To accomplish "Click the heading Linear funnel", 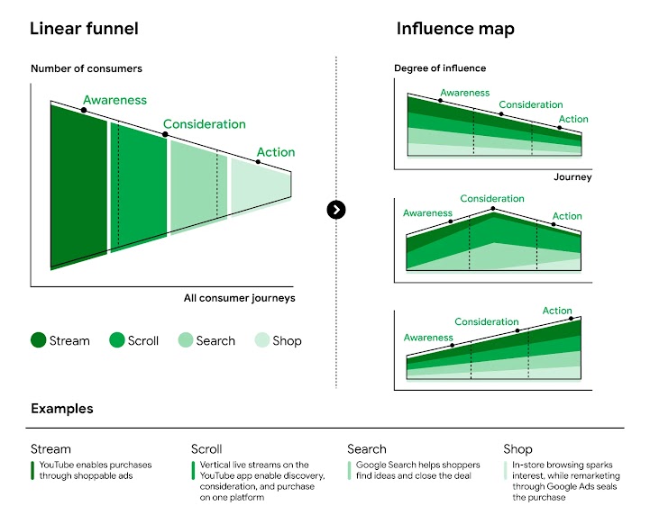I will point(84,29).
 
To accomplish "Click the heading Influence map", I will point(455,29).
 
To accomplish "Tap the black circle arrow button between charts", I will point(336,210).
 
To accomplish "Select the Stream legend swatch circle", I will point(38,340).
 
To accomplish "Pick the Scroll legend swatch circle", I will point(117,340).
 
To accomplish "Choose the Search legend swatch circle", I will point(185,340).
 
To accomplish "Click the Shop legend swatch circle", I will point(261,340).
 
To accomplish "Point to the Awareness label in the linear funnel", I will point(114,101).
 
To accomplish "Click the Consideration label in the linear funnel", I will point(204,124).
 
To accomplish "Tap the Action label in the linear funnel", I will point(275,152).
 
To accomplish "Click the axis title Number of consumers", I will point(87,68).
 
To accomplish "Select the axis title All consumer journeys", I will point(239,298).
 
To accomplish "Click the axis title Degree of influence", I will point(440,68).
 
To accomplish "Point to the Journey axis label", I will point(572,177).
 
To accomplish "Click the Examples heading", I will point(61,409).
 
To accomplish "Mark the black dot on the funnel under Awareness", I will point(84,110).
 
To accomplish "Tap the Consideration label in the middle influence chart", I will point(491,199).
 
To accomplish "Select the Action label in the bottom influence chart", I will point(557,311).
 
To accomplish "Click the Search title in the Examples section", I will point(366,448).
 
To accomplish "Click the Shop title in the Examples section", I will point(517,448).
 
